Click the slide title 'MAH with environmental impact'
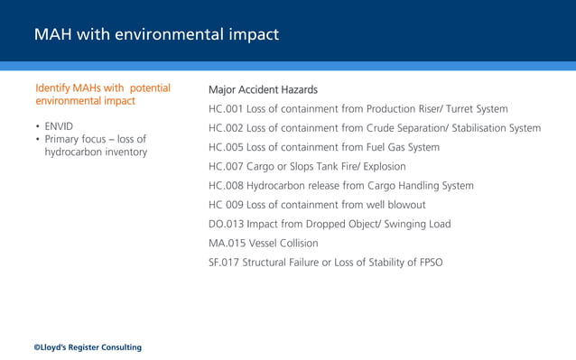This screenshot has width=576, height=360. tap(156, 35)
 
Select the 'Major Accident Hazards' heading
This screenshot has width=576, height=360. tap(263, 90)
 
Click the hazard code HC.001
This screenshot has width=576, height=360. tap(225, 109)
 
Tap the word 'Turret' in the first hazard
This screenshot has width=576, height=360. tap(453, 109)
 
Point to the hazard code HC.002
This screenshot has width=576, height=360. tap(225, 128)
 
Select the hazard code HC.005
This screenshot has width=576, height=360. tap(225, 147)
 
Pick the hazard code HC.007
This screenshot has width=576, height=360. tap(225, 166)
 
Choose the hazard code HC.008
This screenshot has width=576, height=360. tap(225, 186)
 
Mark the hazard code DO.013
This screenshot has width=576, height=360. tap(226, 224)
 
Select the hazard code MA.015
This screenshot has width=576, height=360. tap(226, 243)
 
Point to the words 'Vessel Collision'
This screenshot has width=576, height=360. tap(282, 243)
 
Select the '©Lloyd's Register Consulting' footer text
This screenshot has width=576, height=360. tap(88, 347)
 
